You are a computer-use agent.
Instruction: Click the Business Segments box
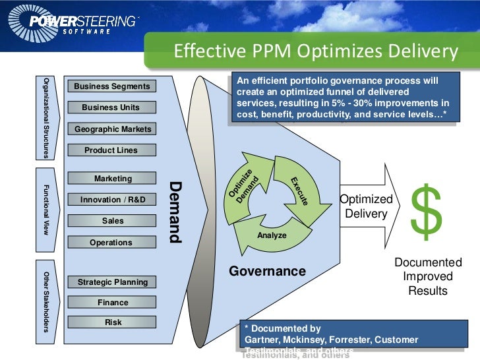[x=111, y=86]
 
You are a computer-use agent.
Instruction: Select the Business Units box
[x=111, y=107]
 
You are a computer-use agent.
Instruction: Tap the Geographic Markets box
[x=111, y=129]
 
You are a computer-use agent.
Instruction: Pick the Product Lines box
[x=111, y=150]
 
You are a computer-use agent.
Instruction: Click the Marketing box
[x=111, y=179]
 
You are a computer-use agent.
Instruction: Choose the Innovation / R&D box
[x=111, y=200]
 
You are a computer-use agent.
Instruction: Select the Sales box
[x=111, y=221]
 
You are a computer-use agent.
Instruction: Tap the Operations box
[x=111, y=243]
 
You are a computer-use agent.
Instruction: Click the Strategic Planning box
[x=111, y=282]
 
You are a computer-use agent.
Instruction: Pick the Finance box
[x=111, y=303]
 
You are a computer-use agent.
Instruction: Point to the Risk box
[x=111, y=323]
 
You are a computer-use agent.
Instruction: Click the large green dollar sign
[x=427, y=211]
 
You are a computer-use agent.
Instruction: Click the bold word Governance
[x=267, y=271]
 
